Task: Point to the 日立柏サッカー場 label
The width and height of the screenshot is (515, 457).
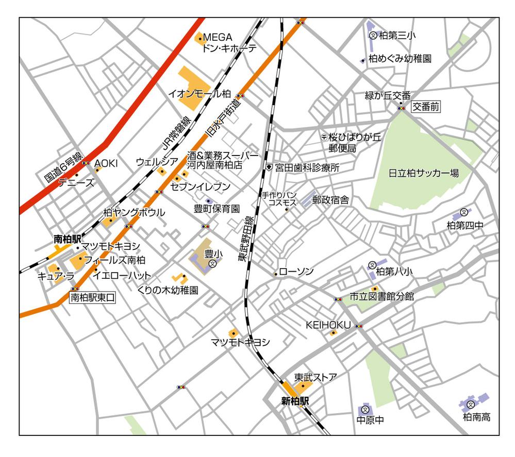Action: [x=424, y=173]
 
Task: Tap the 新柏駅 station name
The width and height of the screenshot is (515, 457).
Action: [x=295, y=401]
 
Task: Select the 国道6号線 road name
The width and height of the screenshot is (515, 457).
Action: [x=63, y=165]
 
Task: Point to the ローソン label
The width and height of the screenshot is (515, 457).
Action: [x=296, y=272]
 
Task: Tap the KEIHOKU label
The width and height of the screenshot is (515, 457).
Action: [x=328, y=325]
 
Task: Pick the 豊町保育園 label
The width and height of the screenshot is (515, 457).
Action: [x=217, y=209]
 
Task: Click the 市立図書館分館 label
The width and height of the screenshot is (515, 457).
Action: [x=381, y=296]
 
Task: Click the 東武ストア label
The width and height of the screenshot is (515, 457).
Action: [x=315, y=377]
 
